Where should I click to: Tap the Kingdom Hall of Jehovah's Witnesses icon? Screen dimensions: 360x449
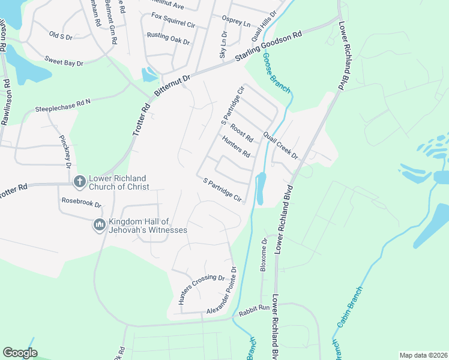point(99,225)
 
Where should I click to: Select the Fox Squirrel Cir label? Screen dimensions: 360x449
point(174,20)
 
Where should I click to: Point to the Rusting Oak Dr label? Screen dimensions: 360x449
point(168,38)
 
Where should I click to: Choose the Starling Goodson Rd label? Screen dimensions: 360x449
point(268,47)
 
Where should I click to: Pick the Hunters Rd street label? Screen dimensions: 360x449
point(236,146)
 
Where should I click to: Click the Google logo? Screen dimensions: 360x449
point(20,353)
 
